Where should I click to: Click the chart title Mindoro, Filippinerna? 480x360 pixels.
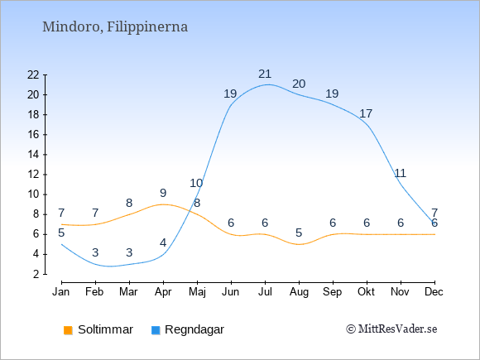point(115,27)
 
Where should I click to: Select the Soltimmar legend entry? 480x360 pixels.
point(98,329)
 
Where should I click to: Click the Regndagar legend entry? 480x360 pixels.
point(188,329)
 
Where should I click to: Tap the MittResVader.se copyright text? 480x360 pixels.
point(391,329)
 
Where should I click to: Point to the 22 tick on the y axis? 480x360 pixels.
point(33,74)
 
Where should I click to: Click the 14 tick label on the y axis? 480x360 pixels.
point(33,155)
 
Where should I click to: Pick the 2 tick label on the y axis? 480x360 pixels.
point(36,274)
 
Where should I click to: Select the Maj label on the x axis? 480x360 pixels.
point(197,292)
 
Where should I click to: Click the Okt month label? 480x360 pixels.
point(366,292)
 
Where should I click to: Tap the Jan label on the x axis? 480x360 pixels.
point(61,292)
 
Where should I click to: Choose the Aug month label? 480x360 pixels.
point(299,292)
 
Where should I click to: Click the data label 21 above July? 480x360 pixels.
point(265,74)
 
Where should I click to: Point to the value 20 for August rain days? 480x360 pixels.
point(299,84)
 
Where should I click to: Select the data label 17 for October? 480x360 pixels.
point(366,113)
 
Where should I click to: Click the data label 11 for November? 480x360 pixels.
point(400,173)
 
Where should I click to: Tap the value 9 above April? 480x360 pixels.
point(163,193)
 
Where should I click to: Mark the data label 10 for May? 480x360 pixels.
point(196,183)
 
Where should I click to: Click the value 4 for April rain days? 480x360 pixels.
point(163,242)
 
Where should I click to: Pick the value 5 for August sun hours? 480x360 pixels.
point(299,233)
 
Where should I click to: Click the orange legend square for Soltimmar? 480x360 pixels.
point(68,330)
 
